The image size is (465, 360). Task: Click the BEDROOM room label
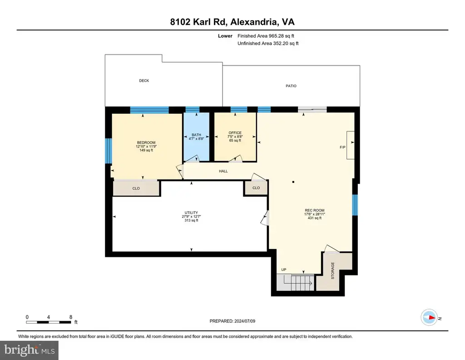[146, 142]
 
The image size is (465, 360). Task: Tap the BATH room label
[196, 135]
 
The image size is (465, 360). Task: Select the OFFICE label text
[235, 133]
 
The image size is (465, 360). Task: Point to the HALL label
[223, 171]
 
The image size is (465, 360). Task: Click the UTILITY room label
[191, 212]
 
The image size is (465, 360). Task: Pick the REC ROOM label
[315, 210]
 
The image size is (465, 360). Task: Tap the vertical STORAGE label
[333, 270]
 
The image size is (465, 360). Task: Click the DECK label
[144, 81]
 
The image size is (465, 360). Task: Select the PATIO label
[291, 86]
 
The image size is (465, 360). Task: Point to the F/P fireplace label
[342, 147]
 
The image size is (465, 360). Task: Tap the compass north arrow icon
[429, 318]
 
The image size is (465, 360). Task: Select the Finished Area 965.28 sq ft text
[266, 36]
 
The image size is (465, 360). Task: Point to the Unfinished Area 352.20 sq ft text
[268, 43]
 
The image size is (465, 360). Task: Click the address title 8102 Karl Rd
[199, 22]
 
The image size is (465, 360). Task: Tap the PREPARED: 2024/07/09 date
[232, 321]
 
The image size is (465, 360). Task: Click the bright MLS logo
[30, 350]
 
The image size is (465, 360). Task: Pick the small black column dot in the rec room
[293, 182]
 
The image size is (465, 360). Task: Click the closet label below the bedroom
[136, 189]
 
